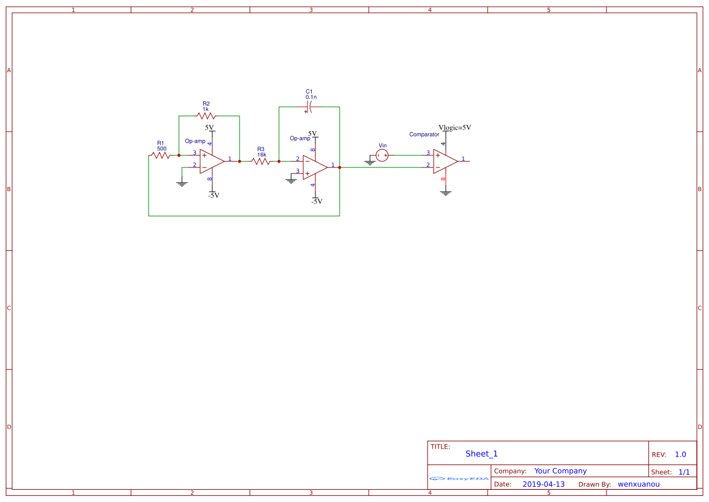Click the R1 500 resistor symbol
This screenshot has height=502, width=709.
[161, 155]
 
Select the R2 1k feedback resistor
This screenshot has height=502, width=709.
[206, 116]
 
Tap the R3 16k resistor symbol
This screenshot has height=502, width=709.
[261, 161]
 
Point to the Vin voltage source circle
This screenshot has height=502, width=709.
[382, 155]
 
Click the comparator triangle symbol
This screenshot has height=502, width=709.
[445, 161]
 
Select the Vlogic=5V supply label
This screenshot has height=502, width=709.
[455, 127]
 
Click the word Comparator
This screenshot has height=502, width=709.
[424, 134]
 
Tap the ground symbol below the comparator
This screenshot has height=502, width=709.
[446, 193]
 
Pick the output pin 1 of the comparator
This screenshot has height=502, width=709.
[463, 161]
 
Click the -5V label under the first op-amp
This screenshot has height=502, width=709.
[214, 195]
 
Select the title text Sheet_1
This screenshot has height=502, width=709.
[482, 453]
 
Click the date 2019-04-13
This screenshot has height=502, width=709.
[543, 484]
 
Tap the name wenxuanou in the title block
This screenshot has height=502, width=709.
[639, 484]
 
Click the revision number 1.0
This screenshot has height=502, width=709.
[680, 455]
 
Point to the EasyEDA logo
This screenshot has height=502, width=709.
[459, 478]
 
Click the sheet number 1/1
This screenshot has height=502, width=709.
[684, 472]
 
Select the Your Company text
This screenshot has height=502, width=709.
[560, 471]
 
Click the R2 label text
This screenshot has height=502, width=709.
[206, 104]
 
